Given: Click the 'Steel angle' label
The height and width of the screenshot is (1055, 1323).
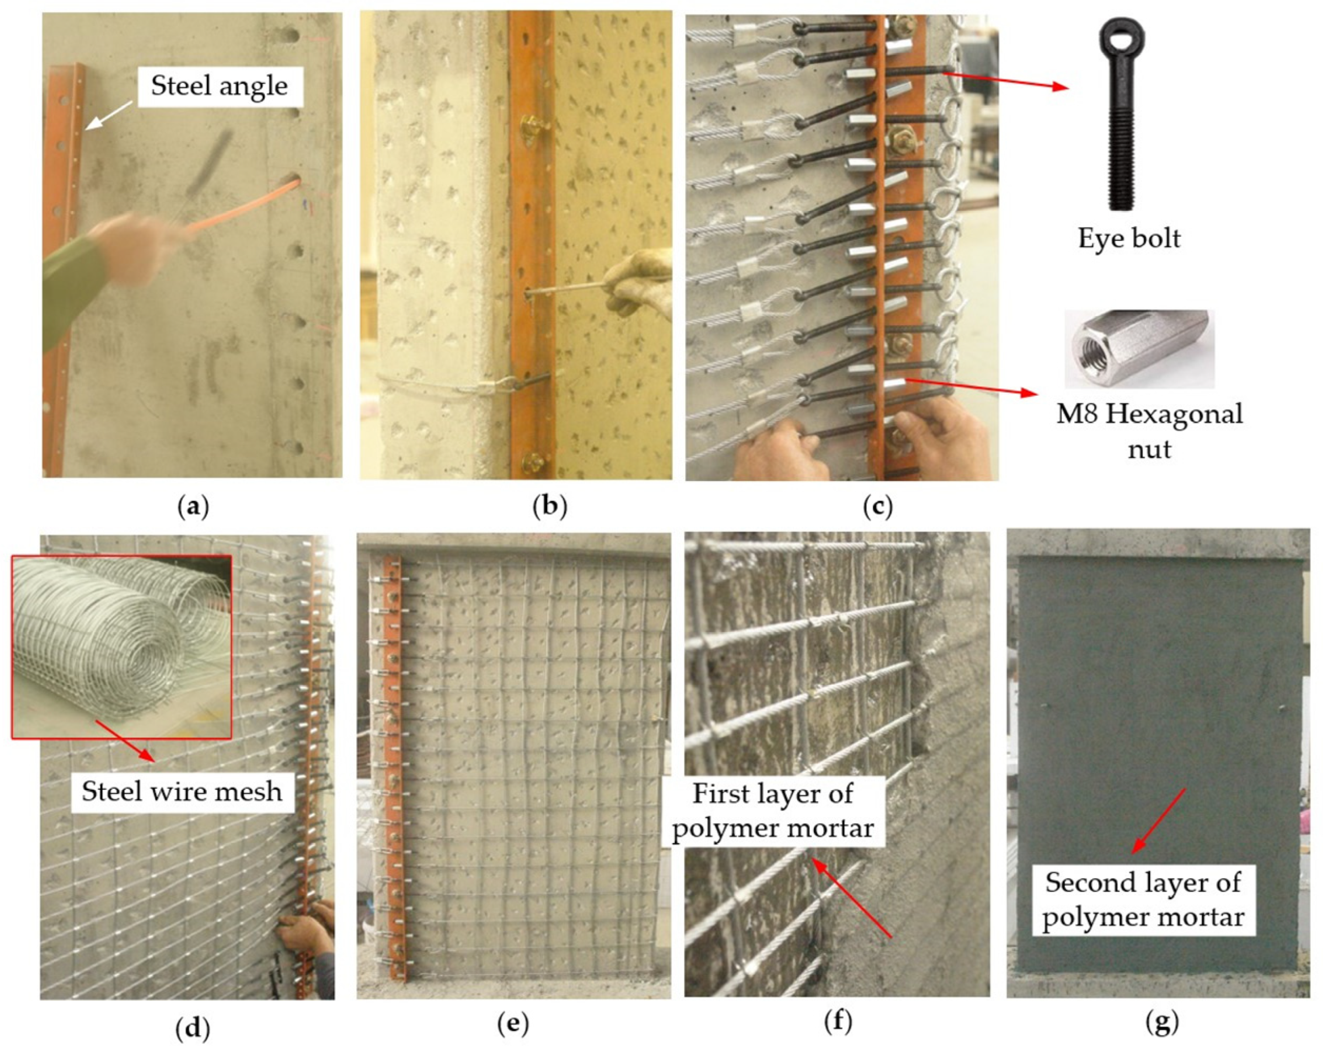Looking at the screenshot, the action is (x=219, y=86).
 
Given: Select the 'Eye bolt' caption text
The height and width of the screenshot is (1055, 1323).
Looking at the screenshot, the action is (x=1129, y=238).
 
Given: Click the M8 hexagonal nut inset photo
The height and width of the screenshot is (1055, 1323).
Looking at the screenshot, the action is (x=1139, y=348).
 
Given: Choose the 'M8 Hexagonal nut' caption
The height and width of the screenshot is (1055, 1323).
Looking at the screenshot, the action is (x=1149, y=431).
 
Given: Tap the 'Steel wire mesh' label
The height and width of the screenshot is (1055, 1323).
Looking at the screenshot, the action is (x=182, y=791).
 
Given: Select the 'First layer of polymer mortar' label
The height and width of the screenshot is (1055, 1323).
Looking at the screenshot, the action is (x=773, y=810).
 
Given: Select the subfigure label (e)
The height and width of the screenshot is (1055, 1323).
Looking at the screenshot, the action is (x=513, y=1023).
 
